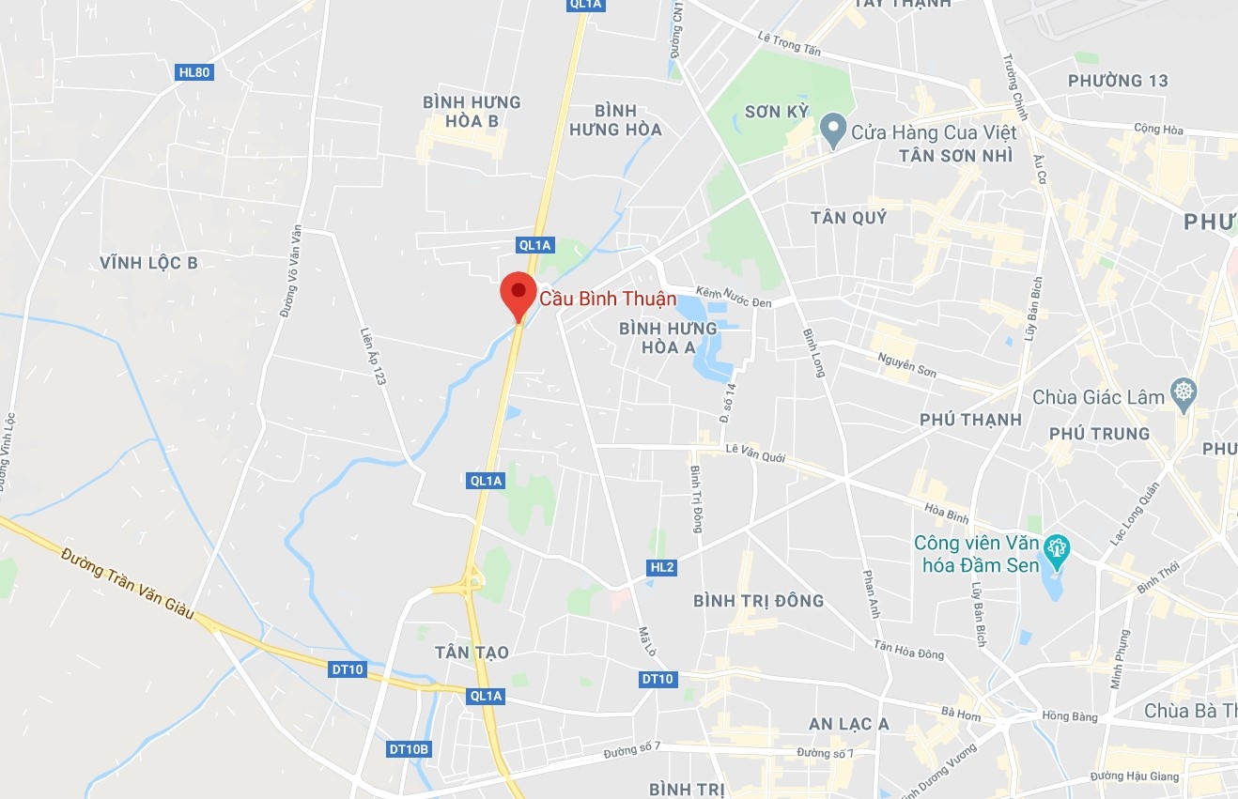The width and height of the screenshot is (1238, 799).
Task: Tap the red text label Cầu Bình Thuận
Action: pos(608,300)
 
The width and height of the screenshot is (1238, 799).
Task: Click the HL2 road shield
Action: pos(662,567)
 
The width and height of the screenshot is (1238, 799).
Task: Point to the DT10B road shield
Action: pos(409,749)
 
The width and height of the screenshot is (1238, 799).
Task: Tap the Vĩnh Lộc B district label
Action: pos(149,263)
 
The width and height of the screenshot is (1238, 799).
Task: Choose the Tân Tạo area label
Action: pos(472,652)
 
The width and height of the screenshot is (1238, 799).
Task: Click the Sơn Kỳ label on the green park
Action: pos(776,112)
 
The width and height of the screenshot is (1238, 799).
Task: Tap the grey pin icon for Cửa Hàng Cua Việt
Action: pos(831,131)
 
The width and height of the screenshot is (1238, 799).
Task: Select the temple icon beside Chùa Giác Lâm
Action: pos(1183,395)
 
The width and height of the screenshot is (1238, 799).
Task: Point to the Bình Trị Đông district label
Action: pos(758,601)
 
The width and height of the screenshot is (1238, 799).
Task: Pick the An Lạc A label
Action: pos(849,724)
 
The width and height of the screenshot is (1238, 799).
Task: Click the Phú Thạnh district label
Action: pos(970,420)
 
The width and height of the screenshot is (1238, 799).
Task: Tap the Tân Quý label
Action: pos(848,218)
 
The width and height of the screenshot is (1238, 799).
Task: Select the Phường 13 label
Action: pos(1118,81)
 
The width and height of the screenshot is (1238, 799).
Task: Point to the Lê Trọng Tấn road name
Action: pos(789,44)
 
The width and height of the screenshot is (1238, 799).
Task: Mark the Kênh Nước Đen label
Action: pos(734,296)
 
